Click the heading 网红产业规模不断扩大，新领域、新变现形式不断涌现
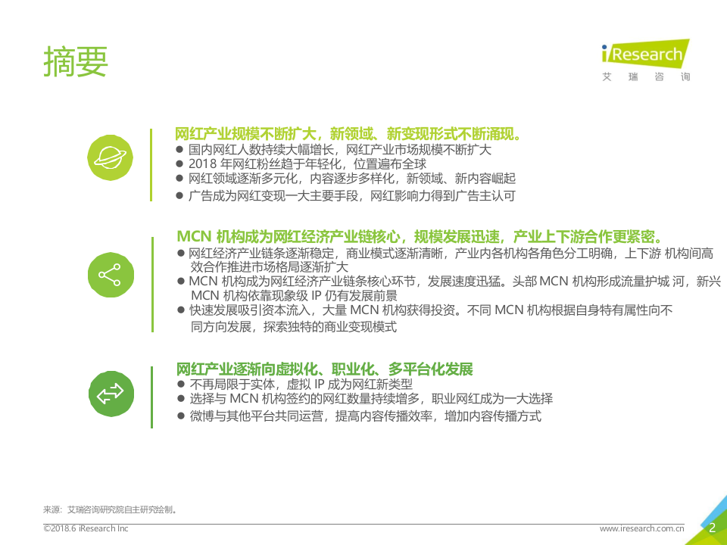click(348, 134)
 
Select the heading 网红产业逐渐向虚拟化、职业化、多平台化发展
click(324, 369)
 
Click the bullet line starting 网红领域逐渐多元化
click(351, 179)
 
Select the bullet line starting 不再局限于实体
click(301, 384)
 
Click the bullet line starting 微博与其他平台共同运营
click(365, 416)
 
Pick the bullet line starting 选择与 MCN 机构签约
click(370, 399)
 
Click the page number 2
click(711, 528)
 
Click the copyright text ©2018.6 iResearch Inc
click(86, 528)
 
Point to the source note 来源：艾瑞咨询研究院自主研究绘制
click(111, 509)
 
